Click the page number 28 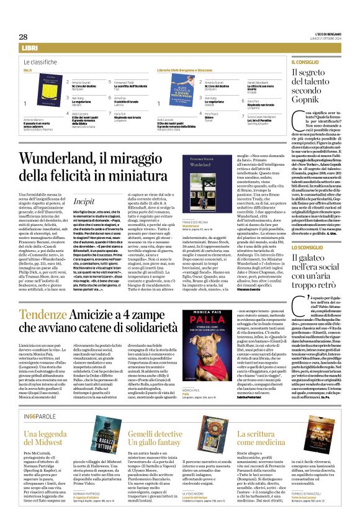point(24,37)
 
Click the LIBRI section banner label point(29,48)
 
